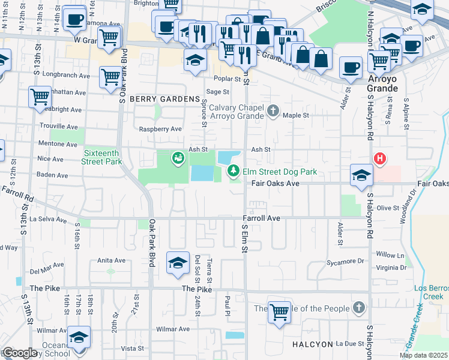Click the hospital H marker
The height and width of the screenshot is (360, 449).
379,159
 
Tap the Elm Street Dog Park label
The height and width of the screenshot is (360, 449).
279,172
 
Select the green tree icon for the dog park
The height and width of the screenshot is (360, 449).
233,172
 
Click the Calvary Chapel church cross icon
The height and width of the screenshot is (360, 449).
273,110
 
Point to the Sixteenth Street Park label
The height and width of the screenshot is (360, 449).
103,157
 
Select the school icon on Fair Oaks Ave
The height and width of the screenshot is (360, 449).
361,175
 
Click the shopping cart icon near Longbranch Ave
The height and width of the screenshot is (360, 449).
110,77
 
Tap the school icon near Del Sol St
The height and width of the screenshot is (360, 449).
178,263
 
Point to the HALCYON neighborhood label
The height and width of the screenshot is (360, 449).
312,344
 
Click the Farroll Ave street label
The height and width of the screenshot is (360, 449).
262,218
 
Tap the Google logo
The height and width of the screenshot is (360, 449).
19,353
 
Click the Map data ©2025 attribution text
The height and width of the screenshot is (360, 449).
423,355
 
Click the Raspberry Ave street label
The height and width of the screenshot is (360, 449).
160,129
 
